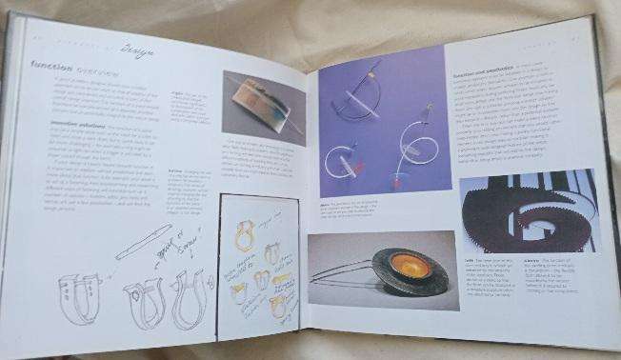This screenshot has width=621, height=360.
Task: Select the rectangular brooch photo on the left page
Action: (x=264, y=106)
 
